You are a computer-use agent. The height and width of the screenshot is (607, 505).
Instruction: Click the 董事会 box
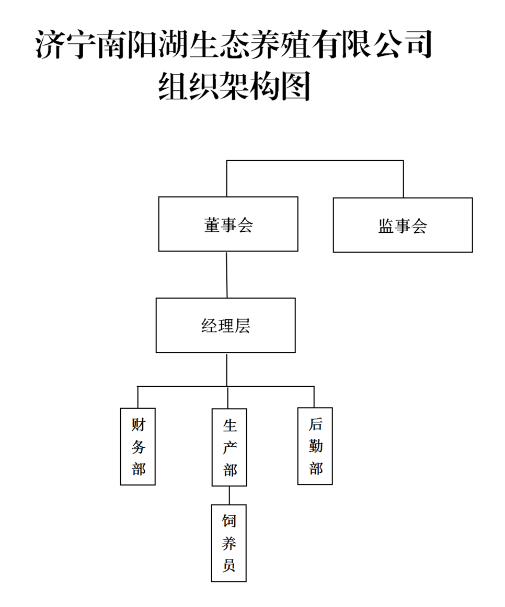228,224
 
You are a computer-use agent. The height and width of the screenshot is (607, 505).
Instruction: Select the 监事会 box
403,225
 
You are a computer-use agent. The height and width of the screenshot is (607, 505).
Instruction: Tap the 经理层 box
225,325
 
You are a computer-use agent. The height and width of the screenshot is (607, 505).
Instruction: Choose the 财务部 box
138,446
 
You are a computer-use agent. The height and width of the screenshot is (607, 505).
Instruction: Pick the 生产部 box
229,447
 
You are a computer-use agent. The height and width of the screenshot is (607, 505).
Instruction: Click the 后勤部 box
315,446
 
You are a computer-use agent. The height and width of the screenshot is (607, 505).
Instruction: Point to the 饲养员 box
228,543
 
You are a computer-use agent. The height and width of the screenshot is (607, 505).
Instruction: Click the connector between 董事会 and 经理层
226,275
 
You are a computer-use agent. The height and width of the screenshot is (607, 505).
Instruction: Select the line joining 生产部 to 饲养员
229,495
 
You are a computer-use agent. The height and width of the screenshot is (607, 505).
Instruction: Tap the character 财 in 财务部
138,425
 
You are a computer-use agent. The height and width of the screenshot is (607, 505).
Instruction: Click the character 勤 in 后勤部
315,446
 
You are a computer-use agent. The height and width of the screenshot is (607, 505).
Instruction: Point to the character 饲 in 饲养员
229,521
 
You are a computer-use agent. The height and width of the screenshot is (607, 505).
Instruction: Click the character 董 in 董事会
212,225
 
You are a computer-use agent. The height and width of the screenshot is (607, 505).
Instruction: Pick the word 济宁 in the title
66,45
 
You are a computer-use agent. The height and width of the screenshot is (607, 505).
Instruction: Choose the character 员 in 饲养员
229,565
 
